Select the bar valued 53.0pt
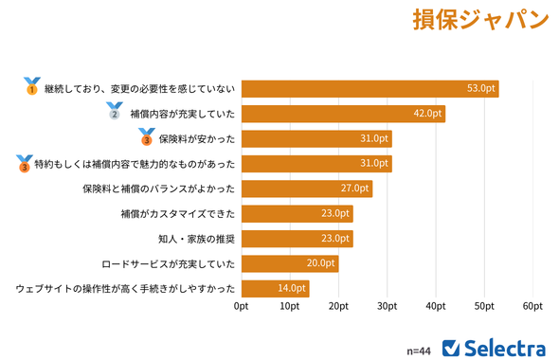pyautogui.click(x=370, y=89)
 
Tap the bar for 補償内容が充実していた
pyautogui.click(x=343, y=114)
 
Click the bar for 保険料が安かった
pyautogui.click(x=316, y=138)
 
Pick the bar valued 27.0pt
pyautogui.click(x=306, y=189)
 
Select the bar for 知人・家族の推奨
pyautogui.click(x=297, y=239)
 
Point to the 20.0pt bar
pyautogui.click(x=289, y=263)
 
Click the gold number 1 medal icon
pyautogui.click(x=31, y=87)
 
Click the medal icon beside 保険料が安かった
pyautogui.click(x=146, y=137)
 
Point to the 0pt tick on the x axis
pyautogui.click(x=242, y=307)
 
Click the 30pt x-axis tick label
pyautogui.click(x=387, y=307)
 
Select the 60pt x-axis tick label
pyautogui.click(x=532, y=307)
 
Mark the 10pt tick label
pyautogui.click(x=290, y=307)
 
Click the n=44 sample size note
pyautogui.click(x=419, y=350)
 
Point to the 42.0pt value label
pyautogui.click(x=427, y=114)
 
